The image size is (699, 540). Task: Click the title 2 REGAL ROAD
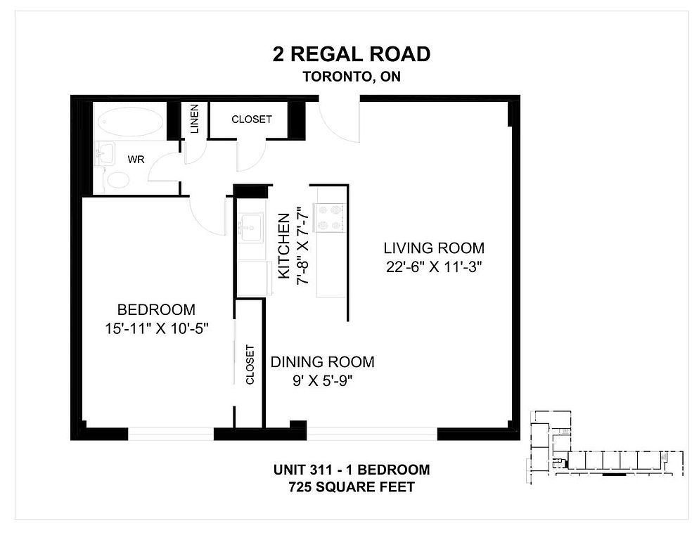tap(352, 54)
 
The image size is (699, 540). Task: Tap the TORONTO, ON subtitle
tap(352, 77)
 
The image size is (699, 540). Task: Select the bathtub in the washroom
tap(131, 120)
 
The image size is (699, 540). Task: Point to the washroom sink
tap(105, 154)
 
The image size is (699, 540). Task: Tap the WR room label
tap(136, 159)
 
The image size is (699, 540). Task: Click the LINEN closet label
tap(194, 119)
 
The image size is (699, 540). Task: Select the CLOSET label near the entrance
tap(252, 119)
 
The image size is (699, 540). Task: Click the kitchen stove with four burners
tap(330, 217)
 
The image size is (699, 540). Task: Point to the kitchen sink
tap(251, 228)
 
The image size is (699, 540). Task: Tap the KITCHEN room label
tap(284, 246)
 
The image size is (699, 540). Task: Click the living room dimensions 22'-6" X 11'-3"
tap(434, 267)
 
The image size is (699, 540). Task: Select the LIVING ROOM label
tap(434, 248)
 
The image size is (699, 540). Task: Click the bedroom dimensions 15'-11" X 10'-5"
tap(157, 328)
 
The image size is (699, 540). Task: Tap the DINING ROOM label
tap(322, 361)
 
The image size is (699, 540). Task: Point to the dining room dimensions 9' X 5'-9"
tap(322, 381)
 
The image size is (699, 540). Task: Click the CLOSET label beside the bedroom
tap(250, 364)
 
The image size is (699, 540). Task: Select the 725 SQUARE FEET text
tap(352, 487)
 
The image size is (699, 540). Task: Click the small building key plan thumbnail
tap(606, 447)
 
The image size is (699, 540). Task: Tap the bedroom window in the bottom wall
tap(171, 434)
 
